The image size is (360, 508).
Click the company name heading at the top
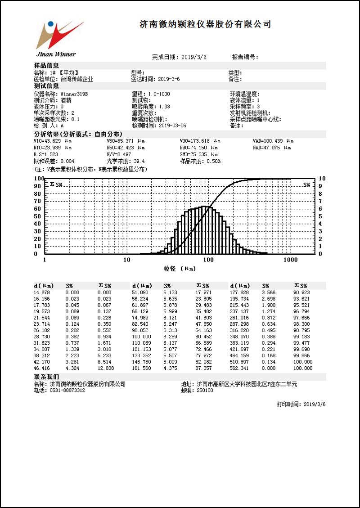tap(205, 24)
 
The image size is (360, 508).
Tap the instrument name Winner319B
tap(74, 94)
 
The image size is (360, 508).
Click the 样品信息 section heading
tap(47, 66)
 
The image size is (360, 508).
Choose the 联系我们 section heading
tap(47, 377)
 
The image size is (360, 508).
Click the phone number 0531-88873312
tap(67, 390)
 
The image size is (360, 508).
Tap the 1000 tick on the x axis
tap(290, 260)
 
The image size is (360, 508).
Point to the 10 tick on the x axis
tap(126, 260)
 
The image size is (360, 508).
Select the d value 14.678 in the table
tap(44, 292)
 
